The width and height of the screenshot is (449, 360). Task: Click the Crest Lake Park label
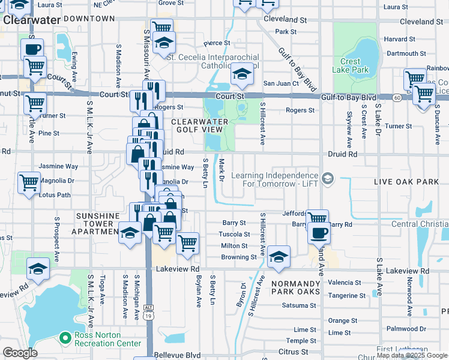(x=350, y=65)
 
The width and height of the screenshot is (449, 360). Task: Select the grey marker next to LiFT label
(x=328, y=178)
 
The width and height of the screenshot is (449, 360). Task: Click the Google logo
(x=20, y=352)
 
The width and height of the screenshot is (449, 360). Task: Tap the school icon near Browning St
(x=279, y=257)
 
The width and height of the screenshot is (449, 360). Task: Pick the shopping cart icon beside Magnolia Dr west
(x=29, y=183)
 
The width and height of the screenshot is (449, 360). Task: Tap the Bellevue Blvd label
(x=178, y=355)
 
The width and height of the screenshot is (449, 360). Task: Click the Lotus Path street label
(x=55, y=195)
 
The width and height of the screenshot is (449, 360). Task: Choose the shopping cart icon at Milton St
(x=187, y=243)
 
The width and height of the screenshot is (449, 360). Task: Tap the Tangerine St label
(x=346, y=295)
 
